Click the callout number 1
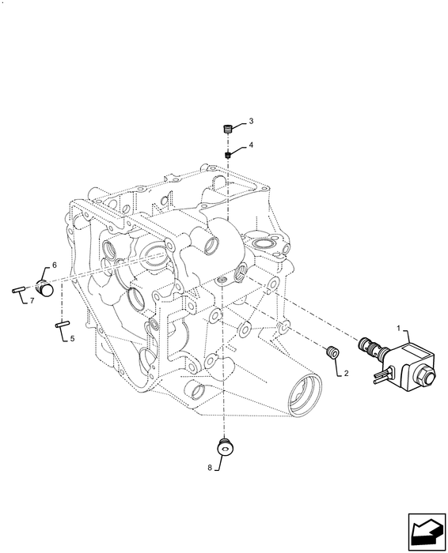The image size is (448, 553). pyautogui.click(x=397, y=326)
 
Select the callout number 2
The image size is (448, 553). pyautogui.click(x=345, y=374)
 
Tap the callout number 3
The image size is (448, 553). pyautogui.click(x=251, y=121)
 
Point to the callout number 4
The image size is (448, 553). pyautogui.click(x=251, y=146)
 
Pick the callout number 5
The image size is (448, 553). pyautogui.click(x=72, y=339)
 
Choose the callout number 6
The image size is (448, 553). pyautogui.click(x=55, y=265)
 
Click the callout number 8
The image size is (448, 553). pyautogui.click(x=210, y=468)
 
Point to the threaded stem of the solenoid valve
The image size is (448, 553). pyautogui.click(x=367, y=346)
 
